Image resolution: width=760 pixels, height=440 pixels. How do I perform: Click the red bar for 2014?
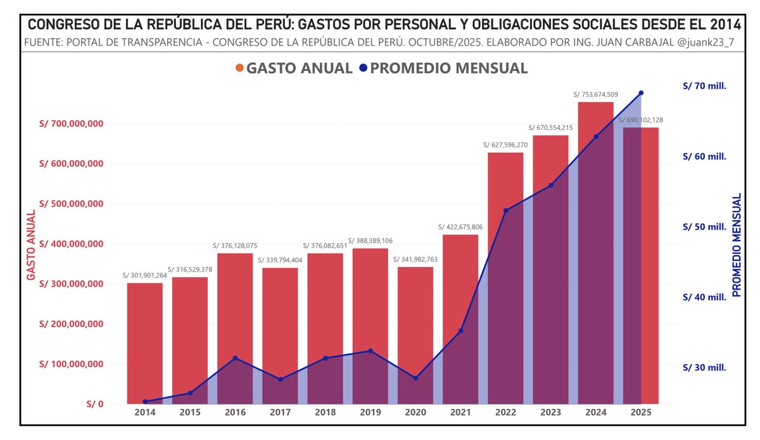point(144,342)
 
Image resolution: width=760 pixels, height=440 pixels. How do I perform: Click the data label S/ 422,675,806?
point(460,227)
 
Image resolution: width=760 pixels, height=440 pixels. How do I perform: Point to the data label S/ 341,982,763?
point(415,259)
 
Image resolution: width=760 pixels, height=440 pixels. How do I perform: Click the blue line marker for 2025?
point(641,93)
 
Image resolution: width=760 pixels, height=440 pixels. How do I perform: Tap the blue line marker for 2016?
point(235,358)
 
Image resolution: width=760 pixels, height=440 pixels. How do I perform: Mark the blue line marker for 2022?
point(505,210)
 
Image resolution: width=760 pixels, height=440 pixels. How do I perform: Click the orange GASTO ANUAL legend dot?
point(239,68)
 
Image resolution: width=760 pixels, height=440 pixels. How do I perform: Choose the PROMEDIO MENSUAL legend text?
point(448,68)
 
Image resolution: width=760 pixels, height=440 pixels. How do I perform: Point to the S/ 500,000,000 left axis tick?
point(71,204)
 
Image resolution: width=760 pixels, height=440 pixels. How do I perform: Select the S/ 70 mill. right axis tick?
point(704,86)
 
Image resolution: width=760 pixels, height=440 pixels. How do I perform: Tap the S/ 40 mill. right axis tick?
point(704,297)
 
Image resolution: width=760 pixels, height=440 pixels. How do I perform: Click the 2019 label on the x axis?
point(370,413)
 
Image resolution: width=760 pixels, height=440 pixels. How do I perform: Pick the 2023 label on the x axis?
point(550,413)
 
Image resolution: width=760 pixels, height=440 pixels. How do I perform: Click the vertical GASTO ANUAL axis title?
point(30,245)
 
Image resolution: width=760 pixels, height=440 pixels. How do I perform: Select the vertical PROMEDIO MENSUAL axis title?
point(737,245)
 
